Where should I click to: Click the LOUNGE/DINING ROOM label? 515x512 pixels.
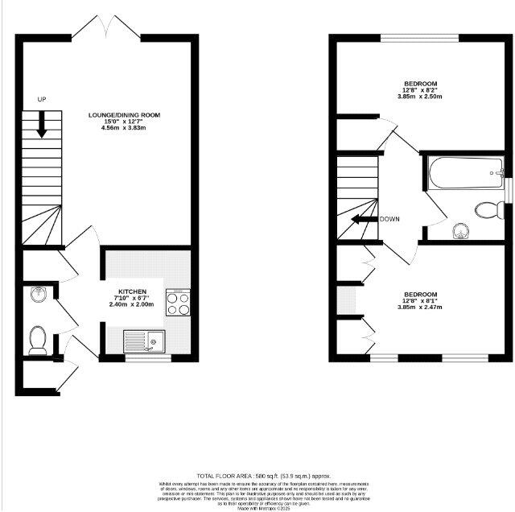124,115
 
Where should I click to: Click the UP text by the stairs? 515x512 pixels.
42,99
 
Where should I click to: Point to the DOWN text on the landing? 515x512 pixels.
389,219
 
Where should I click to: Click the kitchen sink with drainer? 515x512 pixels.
144,341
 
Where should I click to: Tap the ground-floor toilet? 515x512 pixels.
37,340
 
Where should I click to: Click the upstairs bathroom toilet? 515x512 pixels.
487,210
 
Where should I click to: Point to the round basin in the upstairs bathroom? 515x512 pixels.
459,231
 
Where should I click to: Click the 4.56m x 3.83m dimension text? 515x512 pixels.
124,129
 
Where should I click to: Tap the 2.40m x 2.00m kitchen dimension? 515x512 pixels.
131,304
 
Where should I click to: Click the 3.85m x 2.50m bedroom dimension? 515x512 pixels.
420,97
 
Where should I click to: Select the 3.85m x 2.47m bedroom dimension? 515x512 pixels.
420,307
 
